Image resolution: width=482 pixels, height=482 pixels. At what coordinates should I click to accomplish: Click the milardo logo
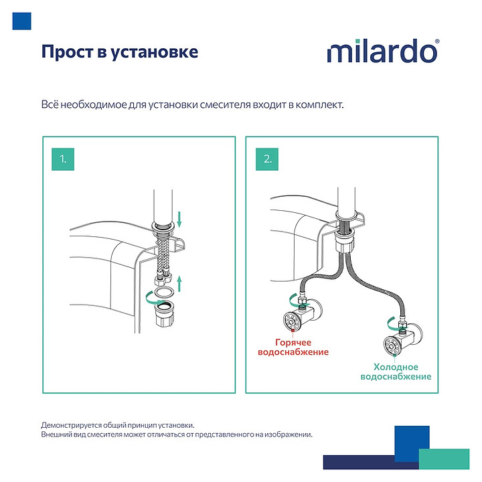click(383, 51)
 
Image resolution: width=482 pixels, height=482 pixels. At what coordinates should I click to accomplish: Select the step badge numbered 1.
click(63, 159)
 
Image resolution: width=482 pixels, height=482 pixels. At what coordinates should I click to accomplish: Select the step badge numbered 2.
click(268, 159)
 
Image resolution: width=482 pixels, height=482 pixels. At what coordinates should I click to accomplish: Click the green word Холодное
click(396, 367)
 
